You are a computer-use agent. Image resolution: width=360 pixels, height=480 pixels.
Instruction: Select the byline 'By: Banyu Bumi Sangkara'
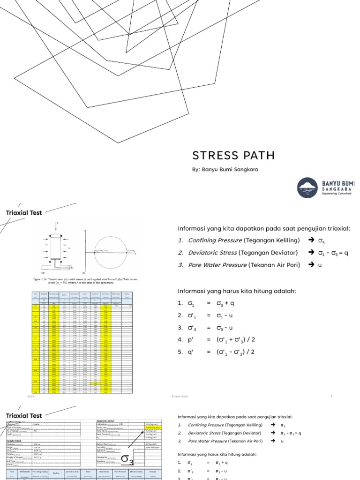225,169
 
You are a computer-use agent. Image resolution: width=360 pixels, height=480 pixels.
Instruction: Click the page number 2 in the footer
331,397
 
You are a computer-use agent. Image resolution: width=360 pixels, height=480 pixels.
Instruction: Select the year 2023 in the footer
31,397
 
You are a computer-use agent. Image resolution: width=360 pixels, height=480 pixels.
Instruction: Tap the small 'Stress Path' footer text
180,397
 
